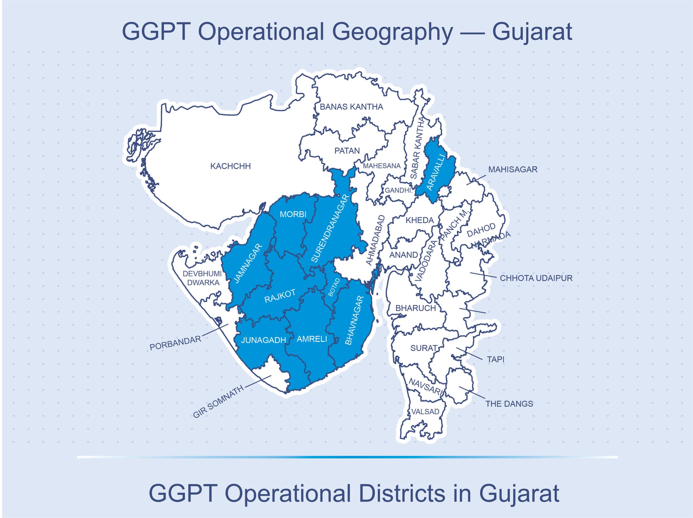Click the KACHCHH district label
pos(230,166)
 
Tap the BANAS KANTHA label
pos(351,107)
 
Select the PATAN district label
pos(347,151)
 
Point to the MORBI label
pos(293,214)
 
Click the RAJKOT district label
pos(280,296)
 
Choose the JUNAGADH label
pos(263,340)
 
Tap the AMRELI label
pos(312,339)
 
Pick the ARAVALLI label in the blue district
pos(436,172)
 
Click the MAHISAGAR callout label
pos(513,169)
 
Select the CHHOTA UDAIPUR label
pos(536,278)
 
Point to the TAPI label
pos(496,359)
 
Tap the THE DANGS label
pos(509,404)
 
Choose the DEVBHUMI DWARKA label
pos(202,278)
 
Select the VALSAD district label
pos(425,412)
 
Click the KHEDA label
pos(419,220)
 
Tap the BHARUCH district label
pos(415,308)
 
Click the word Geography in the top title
pos(392,32)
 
